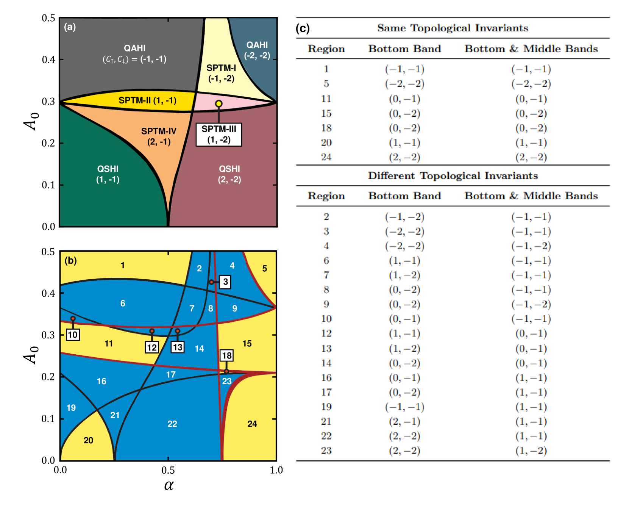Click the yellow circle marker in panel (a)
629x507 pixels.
coord(219,103)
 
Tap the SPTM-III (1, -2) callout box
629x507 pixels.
coord(219,135)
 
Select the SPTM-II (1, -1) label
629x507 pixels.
coord(147,100)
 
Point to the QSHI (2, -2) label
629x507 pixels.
coord(229,174)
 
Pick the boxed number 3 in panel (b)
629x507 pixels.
coord(225,282)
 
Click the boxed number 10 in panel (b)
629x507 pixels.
coord(73,335)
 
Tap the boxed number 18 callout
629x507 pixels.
coord(226,355)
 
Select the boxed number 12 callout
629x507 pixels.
coord(152,347)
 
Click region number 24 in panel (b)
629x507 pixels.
coord(252,424)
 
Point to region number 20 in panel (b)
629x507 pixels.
coord(88,440)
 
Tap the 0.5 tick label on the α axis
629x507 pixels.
coord(168,470)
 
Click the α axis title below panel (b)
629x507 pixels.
coord(169,485)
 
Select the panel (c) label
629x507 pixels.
coord(303,28)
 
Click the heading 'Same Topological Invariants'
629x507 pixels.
coord(453,28)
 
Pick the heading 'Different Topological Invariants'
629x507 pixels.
coord(453,176)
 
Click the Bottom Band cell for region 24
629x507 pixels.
coord(404,157)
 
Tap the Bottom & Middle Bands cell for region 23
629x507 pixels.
coord(531,451)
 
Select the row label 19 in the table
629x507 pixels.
coord(326,407)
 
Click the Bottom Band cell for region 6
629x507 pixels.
coord(404,261)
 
